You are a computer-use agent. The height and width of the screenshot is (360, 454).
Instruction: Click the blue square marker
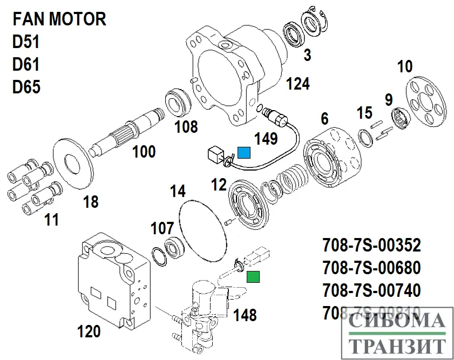(x=245, y=154)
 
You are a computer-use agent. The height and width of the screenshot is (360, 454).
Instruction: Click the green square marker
(x=253, y=277)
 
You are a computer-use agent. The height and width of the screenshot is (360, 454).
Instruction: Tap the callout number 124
(x=297, y=84)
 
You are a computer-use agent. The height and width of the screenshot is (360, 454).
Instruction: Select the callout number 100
(x=144, y=152)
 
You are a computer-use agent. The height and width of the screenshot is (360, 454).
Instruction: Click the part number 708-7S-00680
(x=372, y=268)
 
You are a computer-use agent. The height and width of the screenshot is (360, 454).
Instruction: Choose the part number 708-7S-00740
(x=372, y=290)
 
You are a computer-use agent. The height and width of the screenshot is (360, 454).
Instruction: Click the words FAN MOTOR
(x=59, y=20)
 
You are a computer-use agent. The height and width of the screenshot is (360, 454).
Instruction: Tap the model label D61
(x=26, y=65)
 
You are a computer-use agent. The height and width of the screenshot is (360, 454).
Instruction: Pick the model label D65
(x=26, y=87)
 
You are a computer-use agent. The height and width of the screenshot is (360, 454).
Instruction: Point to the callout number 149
(x=266, y=139)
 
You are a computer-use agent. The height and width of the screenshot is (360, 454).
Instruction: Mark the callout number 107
(x=162, y=228)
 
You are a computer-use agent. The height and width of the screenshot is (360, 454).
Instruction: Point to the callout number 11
(x=52, y=220)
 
